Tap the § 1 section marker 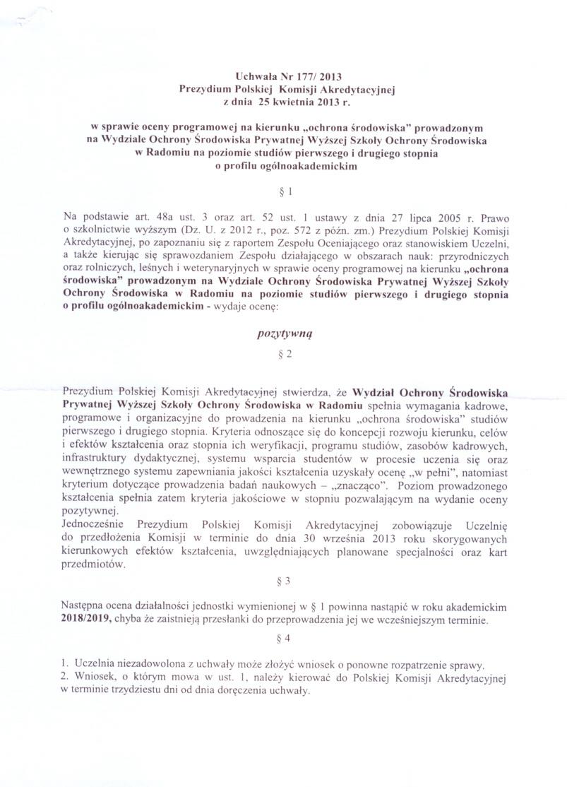pyautogui.click(x=283, y=191)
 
